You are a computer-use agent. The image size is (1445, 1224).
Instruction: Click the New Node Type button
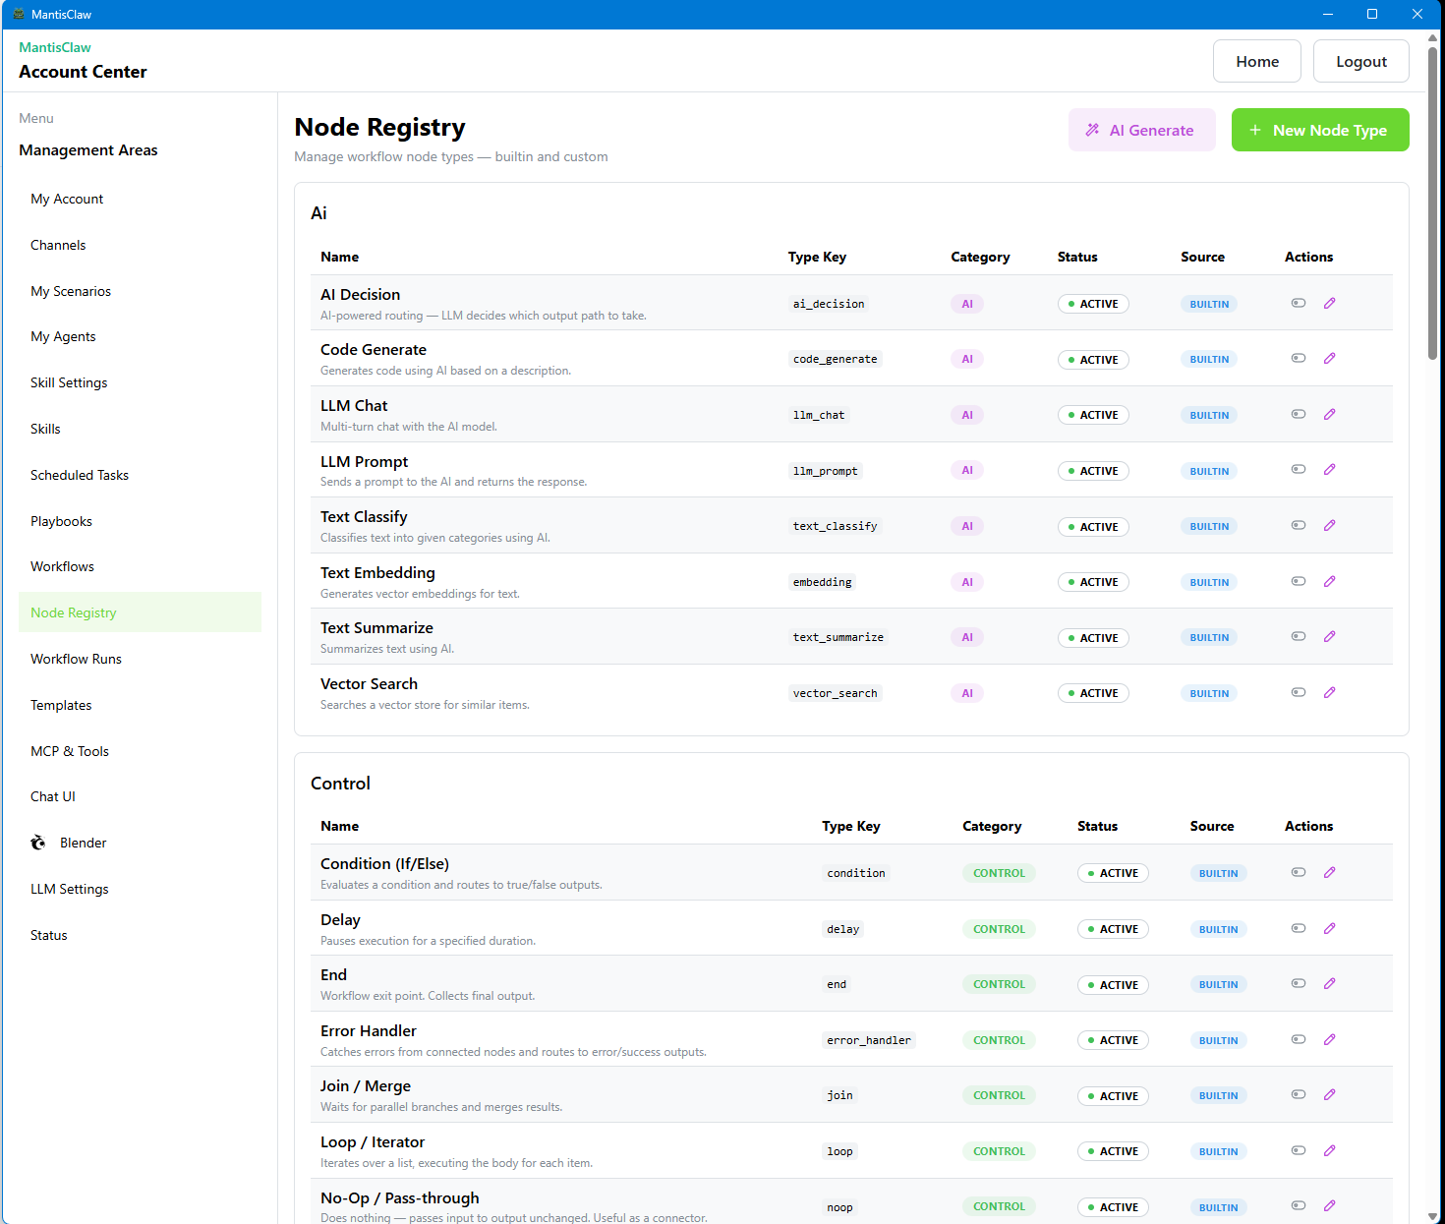pos(1319,130)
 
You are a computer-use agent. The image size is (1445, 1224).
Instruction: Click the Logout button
pos(1360,61)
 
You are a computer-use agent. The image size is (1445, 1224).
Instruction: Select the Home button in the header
pos(1256,61)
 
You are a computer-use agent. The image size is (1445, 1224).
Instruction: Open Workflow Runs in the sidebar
pos(76,659)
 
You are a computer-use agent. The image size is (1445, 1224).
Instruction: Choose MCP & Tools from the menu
pos(70,751)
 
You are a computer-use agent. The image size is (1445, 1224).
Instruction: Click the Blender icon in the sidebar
pos(38,843)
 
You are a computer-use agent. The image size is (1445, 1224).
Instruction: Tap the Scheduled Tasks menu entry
pos(80,475)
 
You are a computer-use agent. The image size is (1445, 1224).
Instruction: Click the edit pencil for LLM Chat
pos(1329,414)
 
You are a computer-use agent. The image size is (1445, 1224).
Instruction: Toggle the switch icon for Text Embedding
pos(1298,581)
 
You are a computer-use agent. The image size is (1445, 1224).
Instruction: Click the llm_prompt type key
pos(825,471)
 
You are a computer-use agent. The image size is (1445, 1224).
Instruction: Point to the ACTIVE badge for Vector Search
pos(1093,693)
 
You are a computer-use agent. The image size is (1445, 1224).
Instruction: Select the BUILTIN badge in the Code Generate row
pos(1208,360)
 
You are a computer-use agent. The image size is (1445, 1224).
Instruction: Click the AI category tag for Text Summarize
pos(966,638)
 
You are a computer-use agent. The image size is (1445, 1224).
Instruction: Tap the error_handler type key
pos(868,1040)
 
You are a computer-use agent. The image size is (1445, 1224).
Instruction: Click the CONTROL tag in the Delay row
pos(999,929)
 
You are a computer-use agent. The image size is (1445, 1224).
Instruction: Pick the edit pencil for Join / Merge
pos(1329,1094)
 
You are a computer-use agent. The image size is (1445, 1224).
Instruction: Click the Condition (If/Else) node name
pos(384,864)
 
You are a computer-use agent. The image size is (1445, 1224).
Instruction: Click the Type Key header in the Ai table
pos(816,257)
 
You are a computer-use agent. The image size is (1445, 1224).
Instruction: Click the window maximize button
pos(1372,14)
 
